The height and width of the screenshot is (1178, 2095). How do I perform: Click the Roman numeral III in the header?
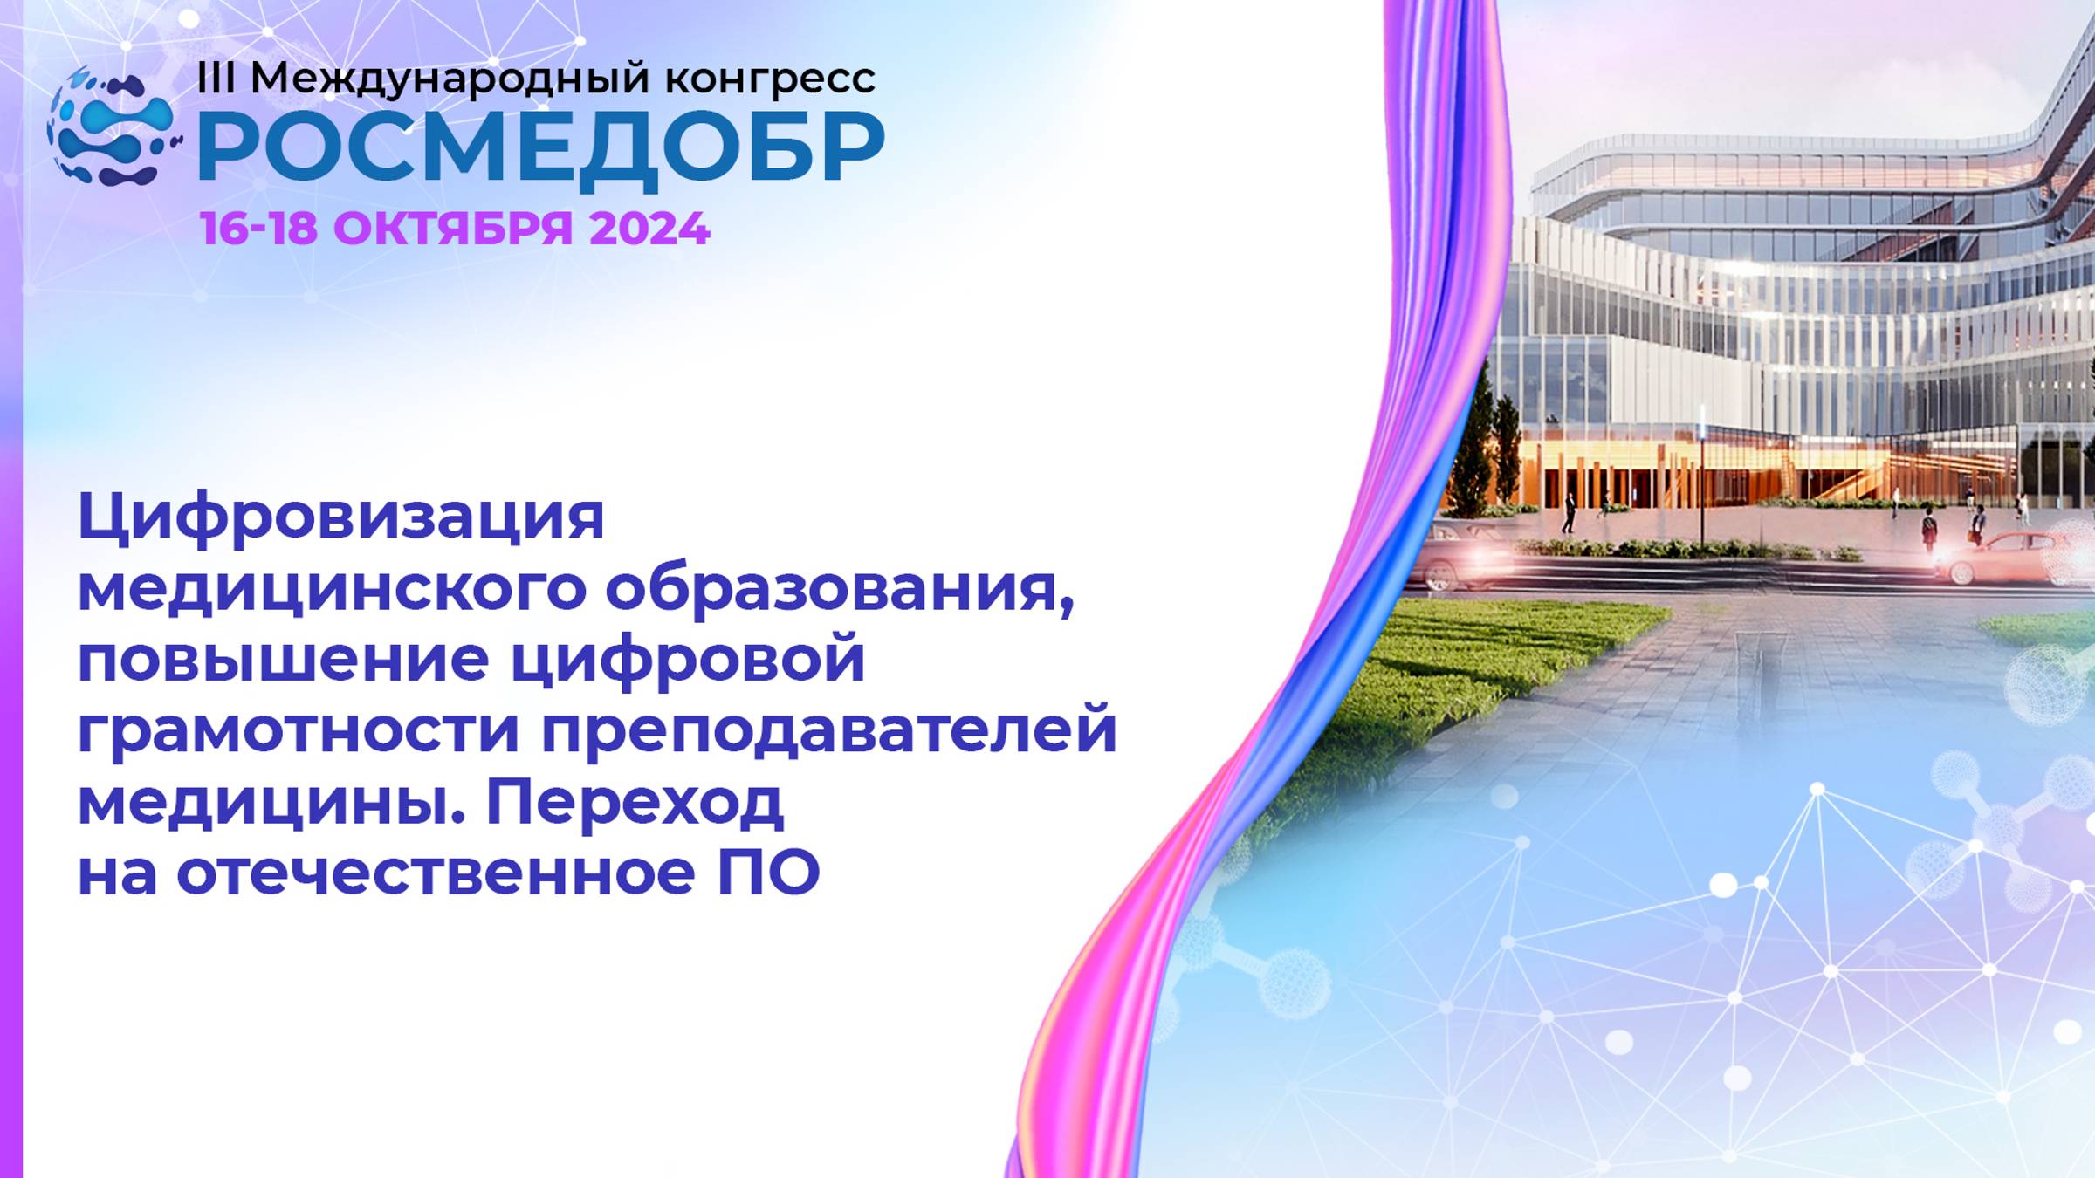coord(216,79)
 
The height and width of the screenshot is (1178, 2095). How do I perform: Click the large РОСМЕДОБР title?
coord(541,148)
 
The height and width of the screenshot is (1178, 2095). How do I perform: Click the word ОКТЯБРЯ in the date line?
coord(452,229)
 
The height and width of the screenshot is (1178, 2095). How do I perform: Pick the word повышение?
coord(284,661)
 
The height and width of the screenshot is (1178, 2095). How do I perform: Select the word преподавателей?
coord(829,731)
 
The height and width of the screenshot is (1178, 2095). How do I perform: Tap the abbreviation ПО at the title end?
coord(768,873)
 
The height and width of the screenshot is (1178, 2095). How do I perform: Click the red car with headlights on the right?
coord(2008,556)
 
